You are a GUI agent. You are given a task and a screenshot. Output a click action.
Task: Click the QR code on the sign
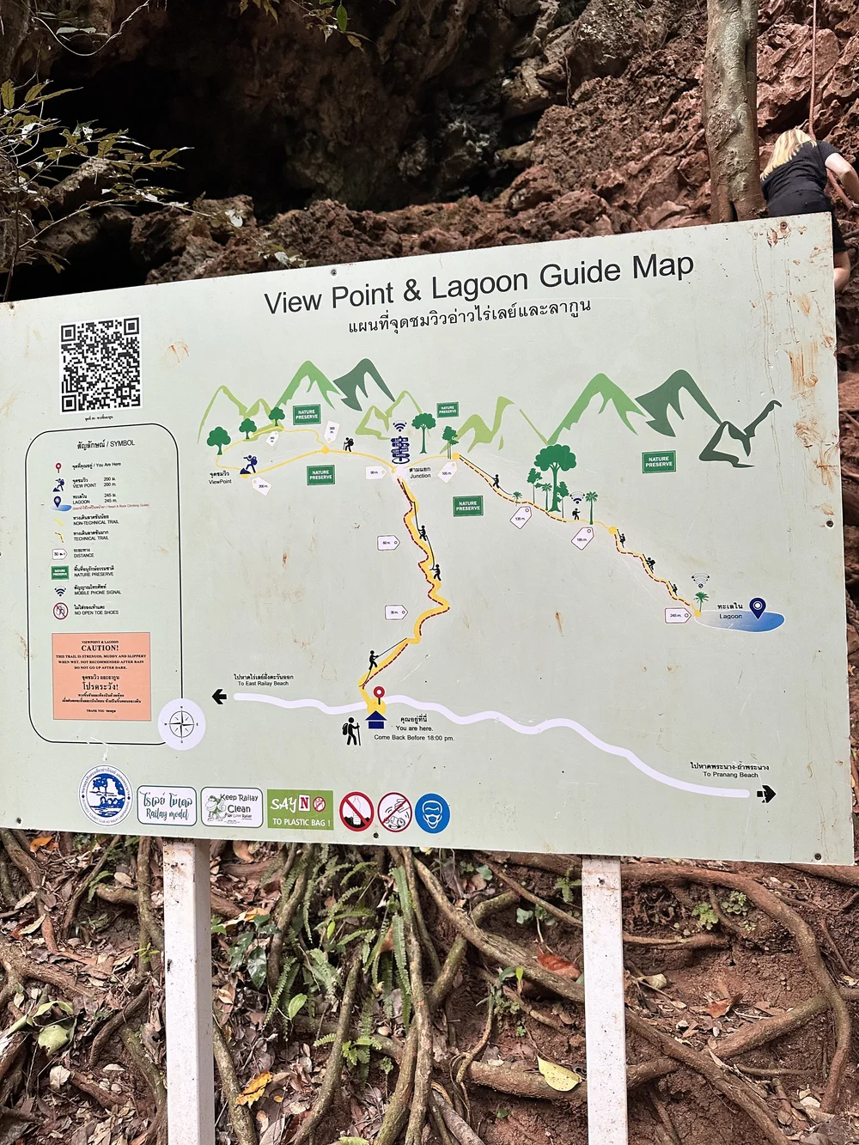tap(101, 364)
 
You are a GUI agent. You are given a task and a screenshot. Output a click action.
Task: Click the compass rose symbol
tap(182, 724)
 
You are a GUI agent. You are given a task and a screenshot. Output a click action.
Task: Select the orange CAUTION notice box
tap(101, 676)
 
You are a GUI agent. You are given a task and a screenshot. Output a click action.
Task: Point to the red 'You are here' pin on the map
tap(378, 694)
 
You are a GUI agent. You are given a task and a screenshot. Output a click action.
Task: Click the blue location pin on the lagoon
tap(757, 607)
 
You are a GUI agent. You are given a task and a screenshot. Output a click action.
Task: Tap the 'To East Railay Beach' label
tap(264, 680)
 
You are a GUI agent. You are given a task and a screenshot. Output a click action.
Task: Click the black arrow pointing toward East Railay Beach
tap(219, 697)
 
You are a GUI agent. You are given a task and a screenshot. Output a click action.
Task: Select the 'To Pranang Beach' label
tap(729, 770)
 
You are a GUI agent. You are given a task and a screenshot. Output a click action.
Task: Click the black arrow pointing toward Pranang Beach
tap(766, 794)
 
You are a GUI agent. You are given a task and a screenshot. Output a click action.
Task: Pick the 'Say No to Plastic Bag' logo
tap(300, 809)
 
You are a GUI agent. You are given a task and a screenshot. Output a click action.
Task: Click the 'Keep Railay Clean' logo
tap(232, 807)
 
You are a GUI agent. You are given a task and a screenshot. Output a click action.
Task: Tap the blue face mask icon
tap(432, 813)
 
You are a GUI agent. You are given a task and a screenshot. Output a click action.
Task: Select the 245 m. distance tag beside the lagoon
tap(677, 615)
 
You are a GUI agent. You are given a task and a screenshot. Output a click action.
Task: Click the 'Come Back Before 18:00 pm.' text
tap(413, 738)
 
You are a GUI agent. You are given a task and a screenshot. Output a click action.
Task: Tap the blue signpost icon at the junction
tap(400, 448)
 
